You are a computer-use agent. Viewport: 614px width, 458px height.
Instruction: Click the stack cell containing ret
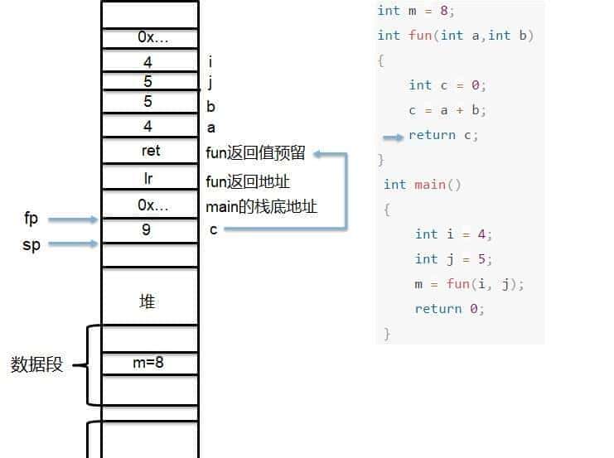pyautogui.click(x=150, y=152)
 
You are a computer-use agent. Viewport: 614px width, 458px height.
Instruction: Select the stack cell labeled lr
pyautogui.click(x=149, y=178)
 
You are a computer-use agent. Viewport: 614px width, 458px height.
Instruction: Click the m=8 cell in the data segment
pyautogui.click(x=149, y=363)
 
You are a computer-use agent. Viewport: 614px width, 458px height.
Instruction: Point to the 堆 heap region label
pyautogui.click(x=147, y=302)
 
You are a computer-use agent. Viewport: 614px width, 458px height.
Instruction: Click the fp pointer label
pyautogui.click(x=31, y=219)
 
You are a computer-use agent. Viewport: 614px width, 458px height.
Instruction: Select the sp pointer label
pyautogui.click(x=31, y=245)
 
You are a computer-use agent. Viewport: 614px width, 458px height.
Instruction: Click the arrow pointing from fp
pyautogui.click(x=73, y=219)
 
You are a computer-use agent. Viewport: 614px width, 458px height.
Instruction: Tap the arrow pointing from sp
pyautogui.click(x=73, y=243)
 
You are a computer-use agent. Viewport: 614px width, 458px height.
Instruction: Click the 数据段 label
pyautogui.click(x=36, y=364)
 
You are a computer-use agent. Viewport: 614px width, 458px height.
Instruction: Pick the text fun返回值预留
pyautogui.click(x=255, y=153)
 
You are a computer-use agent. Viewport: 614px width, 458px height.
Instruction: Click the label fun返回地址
pyautogui.click(x=247, y=181)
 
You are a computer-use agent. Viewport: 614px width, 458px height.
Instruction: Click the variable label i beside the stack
pyautogui.click(x=210, y=62)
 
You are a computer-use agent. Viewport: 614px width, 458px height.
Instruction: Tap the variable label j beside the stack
pyautogui.click(x=210, y=82)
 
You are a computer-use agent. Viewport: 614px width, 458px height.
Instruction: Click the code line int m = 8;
pyautogui.click(x=416, y=11)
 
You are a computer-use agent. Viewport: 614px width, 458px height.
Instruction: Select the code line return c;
pyautogui.click(x=443, y=135)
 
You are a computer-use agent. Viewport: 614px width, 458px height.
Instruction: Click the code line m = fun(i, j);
pyautogui.click(x=470, y=284)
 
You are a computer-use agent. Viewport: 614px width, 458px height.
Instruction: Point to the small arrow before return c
pyautogui.click(x=394, y=136)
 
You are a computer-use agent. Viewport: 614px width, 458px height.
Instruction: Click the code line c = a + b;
pyautogui.click(x=447, y=110)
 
